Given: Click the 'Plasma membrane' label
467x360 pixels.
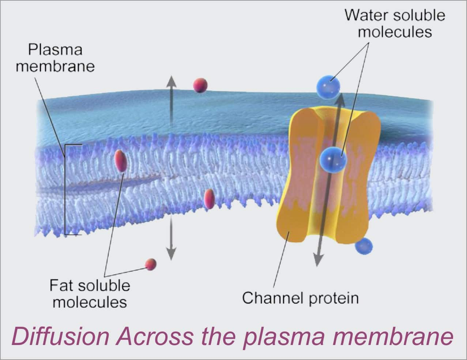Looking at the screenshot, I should pos(55,58).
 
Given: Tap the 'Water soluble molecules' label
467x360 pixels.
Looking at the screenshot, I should pos(395,23).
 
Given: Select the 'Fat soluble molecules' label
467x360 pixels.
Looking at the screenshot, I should pos(90,293).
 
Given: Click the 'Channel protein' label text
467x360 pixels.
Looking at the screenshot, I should pos(300,298).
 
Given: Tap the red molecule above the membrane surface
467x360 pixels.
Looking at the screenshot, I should pos(200,85).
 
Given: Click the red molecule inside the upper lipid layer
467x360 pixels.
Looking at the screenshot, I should pos(121,160).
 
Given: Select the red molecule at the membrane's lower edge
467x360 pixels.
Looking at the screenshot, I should pos(209,199).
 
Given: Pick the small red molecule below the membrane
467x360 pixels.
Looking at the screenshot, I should pos(151,264).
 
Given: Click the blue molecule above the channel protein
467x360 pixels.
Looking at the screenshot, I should pos(328,87).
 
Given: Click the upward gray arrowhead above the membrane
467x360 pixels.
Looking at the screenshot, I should pos(171,82).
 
